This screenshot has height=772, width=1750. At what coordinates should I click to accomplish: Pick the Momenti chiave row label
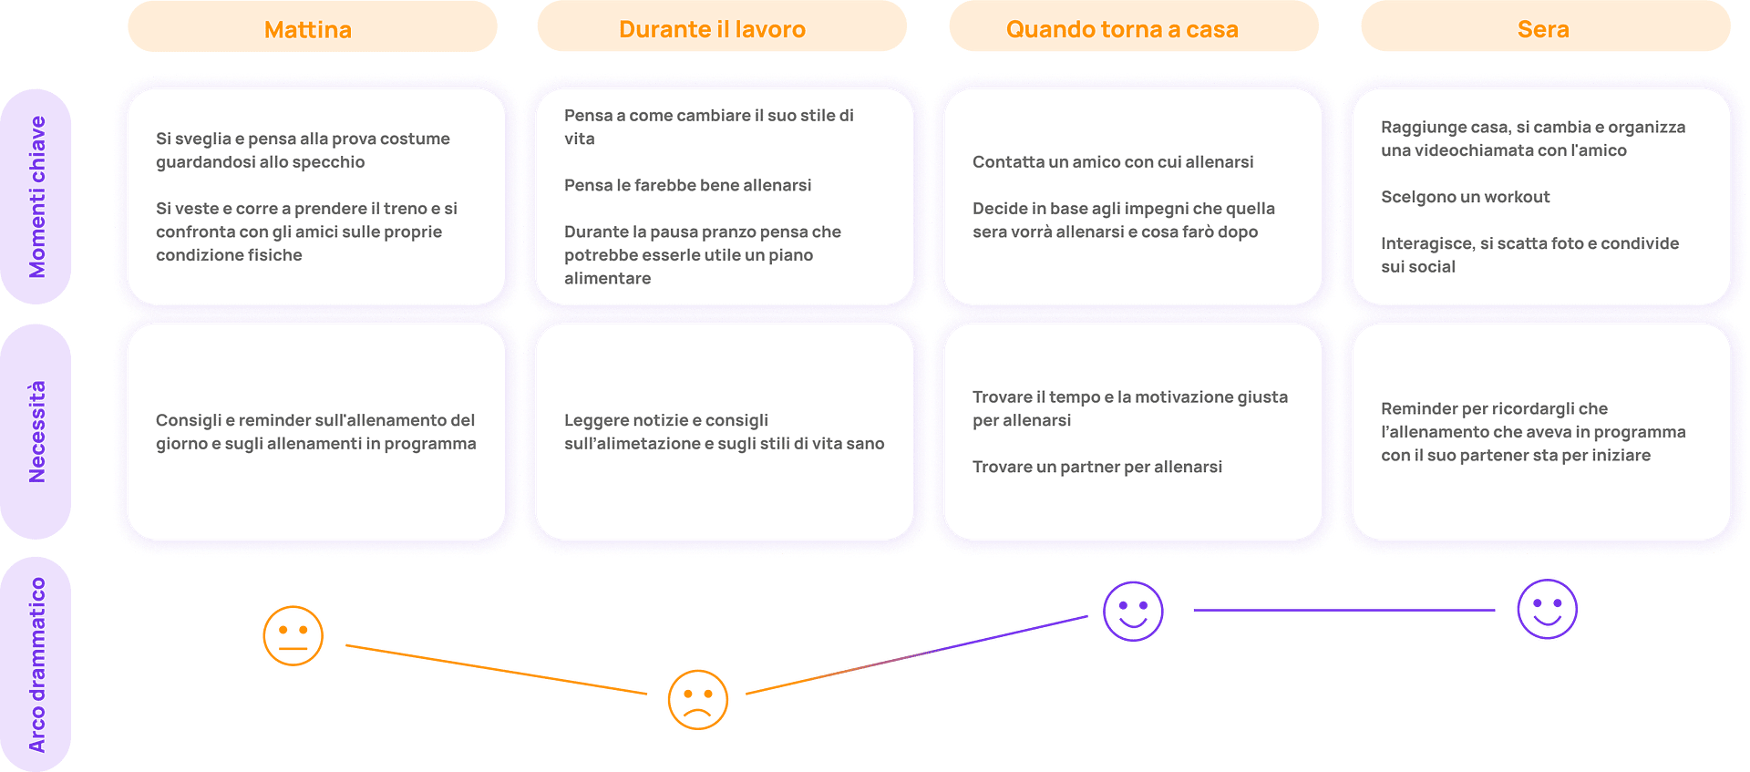[36, 197]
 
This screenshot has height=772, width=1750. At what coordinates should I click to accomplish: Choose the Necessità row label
[36, 431]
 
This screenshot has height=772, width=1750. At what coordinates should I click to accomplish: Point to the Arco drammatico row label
[36, 664]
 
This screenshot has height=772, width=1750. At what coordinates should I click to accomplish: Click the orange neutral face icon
[293, 635]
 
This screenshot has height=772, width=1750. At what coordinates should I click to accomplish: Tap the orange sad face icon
[698, 700]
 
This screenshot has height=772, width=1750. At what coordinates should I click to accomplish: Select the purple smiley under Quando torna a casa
[1133, 612]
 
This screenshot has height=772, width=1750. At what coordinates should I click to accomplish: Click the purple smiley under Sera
[1548, 609]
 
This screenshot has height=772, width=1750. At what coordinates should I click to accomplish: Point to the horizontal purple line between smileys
[1344, 610]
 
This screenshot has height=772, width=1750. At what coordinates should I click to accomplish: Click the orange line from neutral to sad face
[497, 670]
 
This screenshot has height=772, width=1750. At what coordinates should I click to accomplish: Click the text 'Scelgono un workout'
[1465, 197]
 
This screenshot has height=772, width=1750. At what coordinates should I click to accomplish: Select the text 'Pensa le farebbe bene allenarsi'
[687, 185]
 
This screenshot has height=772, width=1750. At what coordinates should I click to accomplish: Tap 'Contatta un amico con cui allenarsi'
[1113, 161]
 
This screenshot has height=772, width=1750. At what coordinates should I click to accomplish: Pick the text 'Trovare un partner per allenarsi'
[1097, 467]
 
